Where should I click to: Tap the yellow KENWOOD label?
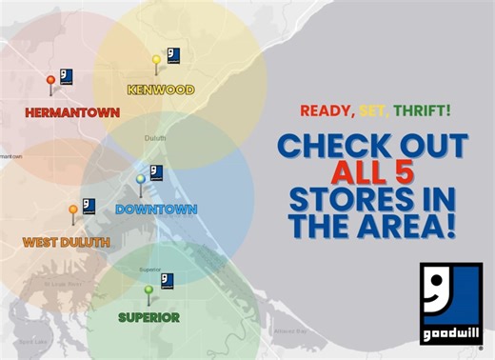coord(160,90)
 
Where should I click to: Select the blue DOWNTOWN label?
coord(156,210)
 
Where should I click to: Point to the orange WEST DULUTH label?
coord(66,242)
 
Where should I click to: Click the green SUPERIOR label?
coord(148,317)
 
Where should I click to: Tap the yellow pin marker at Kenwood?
coord(156,62)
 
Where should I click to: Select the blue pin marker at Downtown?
coord(141,181)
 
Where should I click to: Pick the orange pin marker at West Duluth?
coord(72,211)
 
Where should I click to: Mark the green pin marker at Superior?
coord(148,290)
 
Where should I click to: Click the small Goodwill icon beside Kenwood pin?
coord(173,54)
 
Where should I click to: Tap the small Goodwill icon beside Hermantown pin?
coord(67,76)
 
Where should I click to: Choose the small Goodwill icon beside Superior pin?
coord(167,281)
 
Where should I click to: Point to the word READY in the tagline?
coord(325,110)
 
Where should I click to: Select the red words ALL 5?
coord(372,174)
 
